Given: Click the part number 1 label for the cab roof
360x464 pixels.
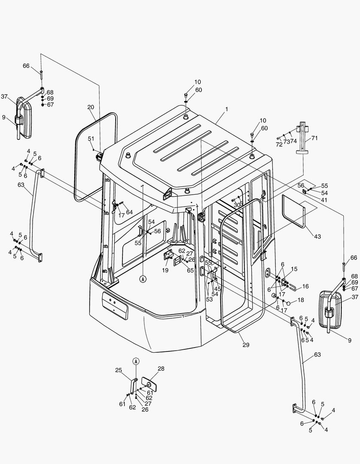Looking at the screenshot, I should (226, 110).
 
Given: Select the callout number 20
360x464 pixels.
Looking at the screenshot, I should (91, 107).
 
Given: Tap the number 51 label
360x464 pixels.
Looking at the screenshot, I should (91, 138).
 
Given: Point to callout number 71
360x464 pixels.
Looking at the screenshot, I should (314, 138).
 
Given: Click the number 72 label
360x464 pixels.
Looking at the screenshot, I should (280, 145).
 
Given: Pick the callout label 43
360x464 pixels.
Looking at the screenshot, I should (317, 237).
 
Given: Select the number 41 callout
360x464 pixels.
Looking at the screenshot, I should (324, 200).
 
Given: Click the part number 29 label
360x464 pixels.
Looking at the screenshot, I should (246, 345).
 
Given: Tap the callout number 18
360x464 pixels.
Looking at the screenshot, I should (300, 300).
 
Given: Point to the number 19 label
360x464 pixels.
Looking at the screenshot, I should (165, 270).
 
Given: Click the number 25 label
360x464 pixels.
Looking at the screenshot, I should (119, 370).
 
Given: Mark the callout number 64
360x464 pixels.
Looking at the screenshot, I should (129, 212).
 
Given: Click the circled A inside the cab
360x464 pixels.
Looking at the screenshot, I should (143, 279).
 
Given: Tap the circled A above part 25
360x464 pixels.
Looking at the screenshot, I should (136, 361).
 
